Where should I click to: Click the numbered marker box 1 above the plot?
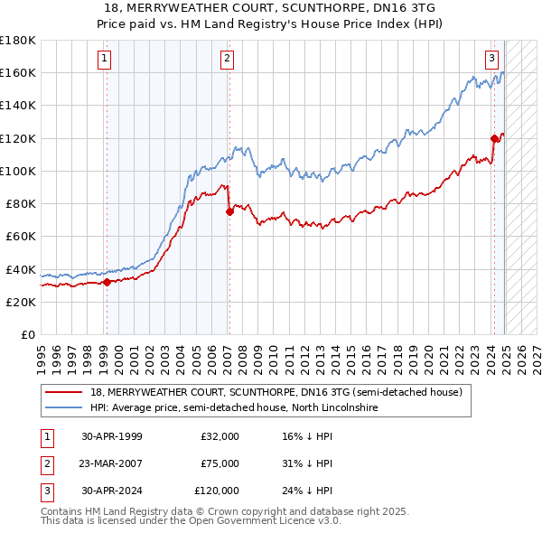106,60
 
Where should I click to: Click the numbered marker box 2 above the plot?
226,60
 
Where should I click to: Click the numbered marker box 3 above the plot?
492,60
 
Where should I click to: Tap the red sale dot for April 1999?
107,282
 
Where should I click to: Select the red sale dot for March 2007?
229,211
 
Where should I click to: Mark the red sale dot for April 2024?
494,138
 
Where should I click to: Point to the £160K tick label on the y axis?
18,73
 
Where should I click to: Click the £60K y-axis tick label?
21,237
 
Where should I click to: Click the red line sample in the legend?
65,392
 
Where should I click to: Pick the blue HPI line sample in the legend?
65,408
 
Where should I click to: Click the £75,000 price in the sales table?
220,463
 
